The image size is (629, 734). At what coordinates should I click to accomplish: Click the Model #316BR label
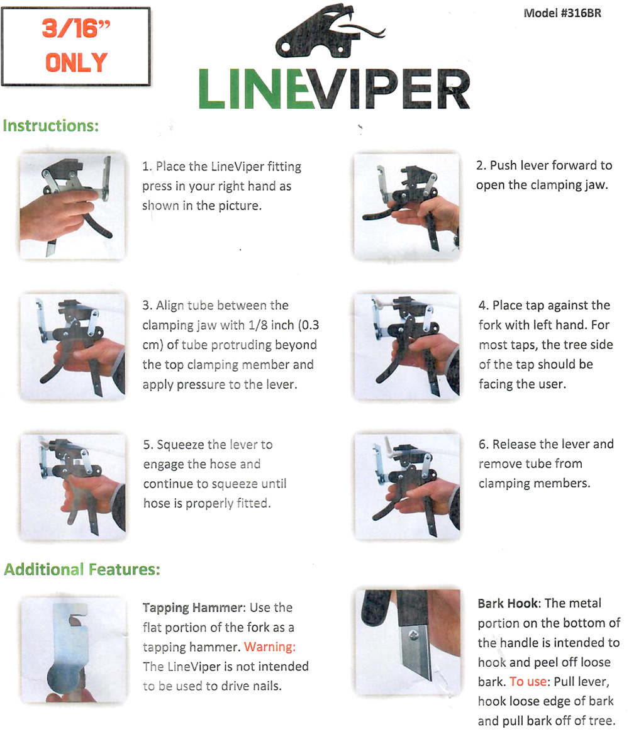[562, 13]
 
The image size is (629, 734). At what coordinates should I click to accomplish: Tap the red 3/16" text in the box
[76, 28]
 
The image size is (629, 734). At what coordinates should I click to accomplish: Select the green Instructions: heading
[50, 125]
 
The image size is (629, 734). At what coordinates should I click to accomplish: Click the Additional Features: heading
[82, 569]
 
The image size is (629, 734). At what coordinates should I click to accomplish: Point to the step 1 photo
[72, 206]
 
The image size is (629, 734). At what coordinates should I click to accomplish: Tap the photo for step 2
[407, 206]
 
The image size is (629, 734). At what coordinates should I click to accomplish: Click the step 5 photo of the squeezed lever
[73, 487]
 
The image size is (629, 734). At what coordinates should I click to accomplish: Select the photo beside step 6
[407, 486]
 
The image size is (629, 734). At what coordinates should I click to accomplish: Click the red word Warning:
[270, 647]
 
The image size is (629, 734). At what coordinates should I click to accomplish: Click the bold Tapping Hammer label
[193, 608]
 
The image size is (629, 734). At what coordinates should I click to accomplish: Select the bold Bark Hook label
[508, 603]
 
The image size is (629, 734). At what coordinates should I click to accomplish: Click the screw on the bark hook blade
[414, 635]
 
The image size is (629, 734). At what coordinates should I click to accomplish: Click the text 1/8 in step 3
[259, 325]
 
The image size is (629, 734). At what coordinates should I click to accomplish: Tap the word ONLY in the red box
[76, 62]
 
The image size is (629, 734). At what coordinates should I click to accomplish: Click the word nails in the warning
[267, 686]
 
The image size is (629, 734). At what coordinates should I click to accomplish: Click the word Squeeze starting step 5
[180, 445]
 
